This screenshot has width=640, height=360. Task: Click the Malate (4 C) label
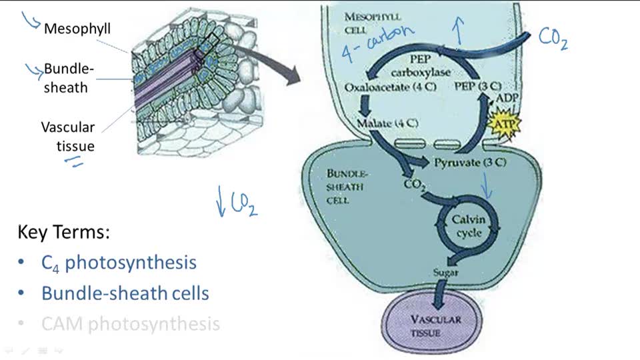pos(387,123)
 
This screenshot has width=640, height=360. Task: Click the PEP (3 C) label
pos(477,87)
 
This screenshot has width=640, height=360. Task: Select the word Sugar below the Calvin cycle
pos(446,273)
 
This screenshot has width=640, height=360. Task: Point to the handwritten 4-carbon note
pos(378,41)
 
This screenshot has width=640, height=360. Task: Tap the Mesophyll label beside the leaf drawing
pos(77,29)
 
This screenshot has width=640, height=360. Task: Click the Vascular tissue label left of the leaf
pos(68,136)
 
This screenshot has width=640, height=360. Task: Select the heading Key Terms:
pos(63,233)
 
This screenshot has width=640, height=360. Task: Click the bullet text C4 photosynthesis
pos(119,263)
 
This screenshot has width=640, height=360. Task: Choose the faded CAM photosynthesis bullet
pos(130,325)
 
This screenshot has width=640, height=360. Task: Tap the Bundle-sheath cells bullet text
pos(125,293)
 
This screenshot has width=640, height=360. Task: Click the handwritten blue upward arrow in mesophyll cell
pos(457,29)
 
